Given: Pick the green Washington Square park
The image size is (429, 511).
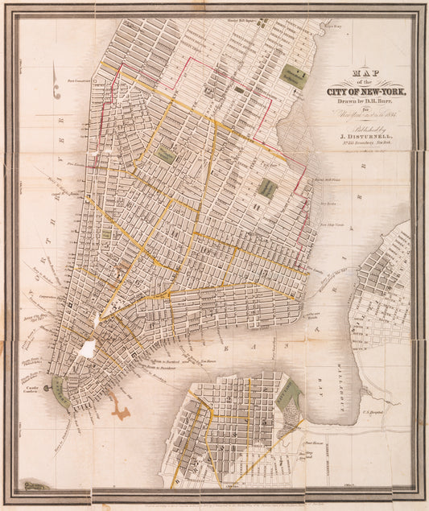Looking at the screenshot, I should pyautogui.click(x=165, y=155).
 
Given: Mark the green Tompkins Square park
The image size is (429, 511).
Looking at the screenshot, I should pyautogui.click(x=266, y=188).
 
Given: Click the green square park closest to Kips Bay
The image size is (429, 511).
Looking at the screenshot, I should pyautogui.click(x=295, y=77).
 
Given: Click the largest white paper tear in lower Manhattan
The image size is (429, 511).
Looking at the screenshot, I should pyautogui.click(x=87, y=348).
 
